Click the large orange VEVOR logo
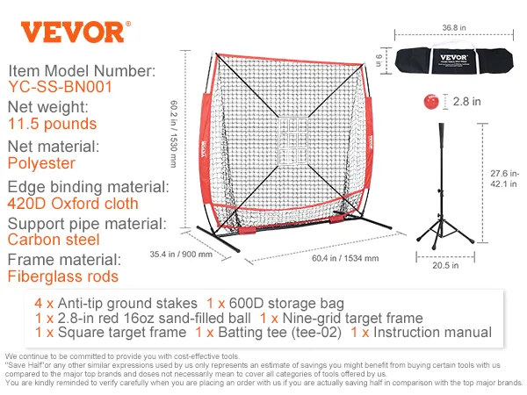[x=72, y=32]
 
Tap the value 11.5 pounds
[x=52, y=125]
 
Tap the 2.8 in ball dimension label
[x=466, y=102]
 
